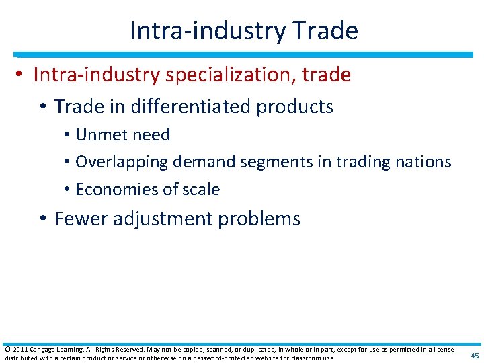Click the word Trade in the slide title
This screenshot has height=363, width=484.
(x=326, y=30)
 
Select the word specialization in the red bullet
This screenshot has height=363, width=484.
(x=223, y=75)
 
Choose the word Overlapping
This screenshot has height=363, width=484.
(x=122, y=162)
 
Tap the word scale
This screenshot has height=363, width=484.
(x=203, y=190)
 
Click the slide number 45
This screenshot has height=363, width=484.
(x=474, y=356)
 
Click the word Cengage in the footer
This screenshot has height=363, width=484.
(x=42, y=350)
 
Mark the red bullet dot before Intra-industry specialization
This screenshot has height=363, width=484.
(x=22, y=75)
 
